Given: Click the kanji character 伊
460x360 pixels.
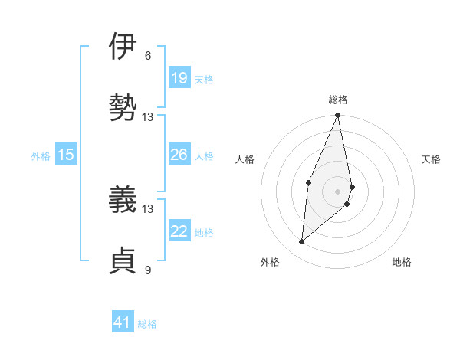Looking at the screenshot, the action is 123,47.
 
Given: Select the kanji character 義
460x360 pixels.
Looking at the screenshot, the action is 123,201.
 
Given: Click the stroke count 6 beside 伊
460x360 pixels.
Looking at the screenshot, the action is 148,56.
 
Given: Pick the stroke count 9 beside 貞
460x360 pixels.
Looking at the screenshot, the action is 148,269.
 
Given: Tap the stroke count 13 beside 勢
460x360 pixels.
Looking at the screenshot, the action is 148,116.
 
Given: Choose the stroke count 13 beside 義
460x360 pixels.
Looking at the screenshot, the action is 148,209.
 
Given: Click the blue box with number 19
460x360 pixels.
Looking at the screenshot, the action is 179,78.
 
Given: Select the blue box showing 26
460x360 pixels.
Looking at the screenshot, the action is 179,155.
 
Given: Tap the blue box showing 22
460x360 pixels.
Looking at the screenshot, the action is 179,231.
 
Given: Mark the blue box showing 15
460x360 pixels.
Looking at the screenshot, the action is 66,155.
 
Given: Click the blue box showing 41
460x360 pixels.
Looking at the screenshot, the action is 123,322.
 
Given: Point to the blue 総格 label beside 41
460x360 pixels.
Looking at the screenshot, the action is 147,324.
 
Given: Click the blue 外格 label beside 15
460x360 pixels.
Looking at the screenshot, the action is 41,156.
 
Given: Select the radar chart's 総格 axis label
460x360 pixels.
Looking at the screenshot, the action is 338,100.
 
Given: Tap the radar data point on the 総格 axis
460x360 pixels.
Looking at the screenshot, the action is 337,116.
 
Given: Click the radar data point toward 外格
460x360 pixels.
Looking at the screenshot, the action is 302,242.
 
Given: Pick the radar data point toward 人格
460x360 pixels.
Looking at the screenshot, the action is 308,182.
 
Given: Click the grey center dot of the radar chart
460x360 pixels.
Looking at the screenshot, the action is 337,191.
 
